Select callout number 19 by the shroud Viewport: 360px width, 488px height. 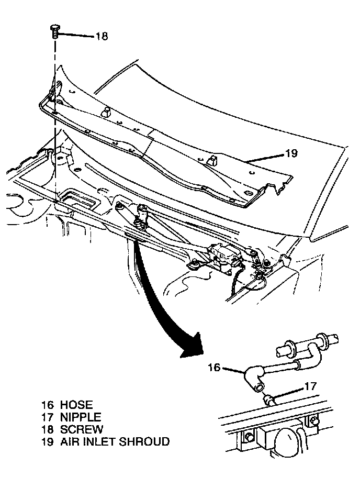(291, 153)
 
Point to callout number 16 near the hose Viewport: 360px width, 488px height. (214, 368)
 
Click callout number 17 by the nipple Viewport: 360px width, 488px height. (311, 387)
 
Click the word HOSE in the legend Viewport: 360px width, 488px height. (76, 405)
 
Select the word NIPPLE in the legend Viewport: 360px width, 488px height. (80, 417)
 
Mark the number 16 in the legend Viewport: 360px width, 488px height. (47, 405)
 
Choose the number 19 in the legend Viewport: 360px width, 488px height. (47, 442)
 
